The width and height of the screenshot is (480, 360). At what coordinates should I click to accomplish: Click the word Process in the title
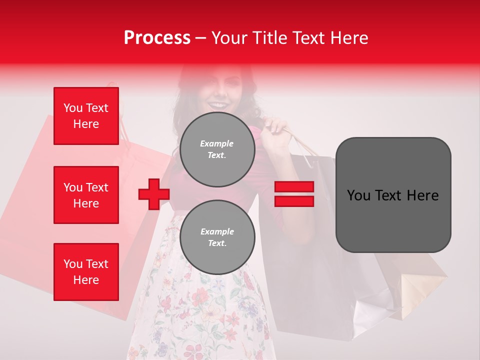157,38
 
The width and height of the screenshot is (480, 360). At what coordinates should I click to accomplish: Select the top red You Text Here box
86,116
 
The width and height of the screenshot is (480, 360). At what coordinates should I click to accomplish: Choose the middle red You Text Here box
86,195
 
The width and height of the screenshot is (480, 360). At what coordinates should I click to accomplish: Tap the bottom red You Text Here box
86,272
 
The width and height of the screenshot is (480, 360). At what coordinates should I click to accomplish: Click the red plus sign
153,194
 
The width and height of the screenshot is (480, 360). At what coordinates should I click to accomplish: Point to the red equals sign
294,194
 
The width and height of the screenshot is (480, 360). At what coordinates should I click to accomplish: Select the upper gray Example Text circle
217,149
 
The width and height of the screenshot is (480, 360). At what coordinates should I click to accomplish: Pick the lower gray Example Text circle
217,237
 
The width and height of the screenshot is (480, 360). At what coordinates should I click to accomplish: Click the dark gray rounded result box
393,195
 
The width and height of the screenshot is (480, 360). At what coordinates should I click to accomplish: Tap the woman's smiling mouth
217,105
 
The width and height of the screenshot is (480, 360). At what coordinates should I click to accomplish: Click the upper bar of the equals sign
294,187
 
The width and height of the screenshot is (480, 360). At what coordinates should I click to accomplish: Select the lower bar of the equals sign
294,201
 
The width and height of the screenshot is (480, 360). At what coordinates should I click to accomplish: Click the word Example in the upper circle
216,143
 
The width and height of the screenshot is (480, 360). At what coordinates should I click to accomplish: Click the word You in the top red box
72,108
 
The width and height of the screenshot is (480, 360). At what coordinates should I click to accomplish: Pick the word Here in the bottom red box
86,280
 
